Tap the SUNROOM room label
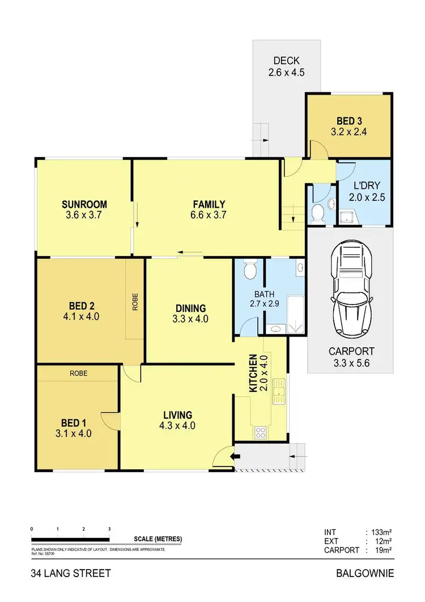[x=84, y=205]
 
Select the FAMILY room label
[x=209, y=205]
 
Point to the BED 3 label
[x=348, y=121]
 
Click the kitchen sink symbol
[x=278, y=392]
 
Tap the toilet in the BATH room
[x=249, y=270]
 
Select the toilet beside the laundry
[x=318, y=214]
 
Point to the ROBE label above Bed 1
[x=78, y=373]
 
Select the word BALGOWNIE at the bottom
[x=365, y=574]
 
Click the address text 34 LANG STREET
[x=71, y=574]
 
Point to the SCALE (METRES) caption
[x=158, y=539]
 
